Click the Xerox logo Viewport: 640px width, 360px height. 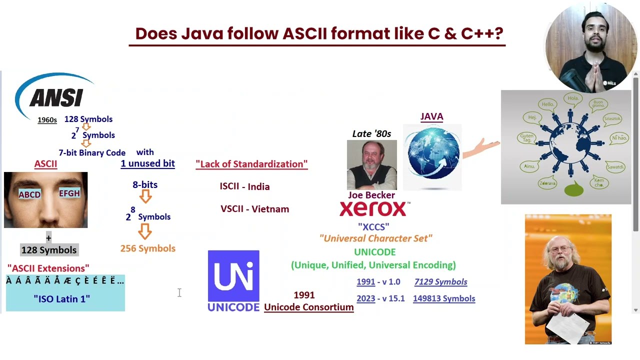tap(374, 209)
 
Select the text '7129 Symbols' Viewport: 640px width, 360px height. tap(440, 282)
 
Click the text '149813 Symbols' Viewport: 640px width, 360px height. tap(444, 298)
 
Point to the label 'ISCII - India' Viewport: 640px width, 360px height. tap(244, 186)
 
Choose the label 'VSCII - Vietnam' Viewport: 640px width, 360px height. tap(254, 209)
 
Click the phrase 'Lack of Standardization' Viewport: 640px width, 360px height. tap(251, 164)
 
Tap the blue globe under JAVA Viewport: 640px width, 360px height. tap(433, 153)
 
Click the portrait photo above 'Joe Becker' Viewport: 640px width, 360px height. tap(371, 164)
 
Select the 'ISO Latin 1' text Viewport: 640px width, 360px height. tap(62, 299)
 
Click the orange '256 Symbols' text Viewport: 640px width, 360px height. tap(147, 248)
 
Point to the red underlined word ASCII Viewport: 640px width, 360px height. tap(45, 164)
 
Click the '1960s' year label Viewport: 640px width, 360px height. tap(47, 120)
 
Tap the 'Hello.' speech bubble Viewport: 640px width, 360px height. tap(548, 104)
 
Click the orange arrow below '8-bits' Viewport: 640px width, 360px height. tap(145, 196)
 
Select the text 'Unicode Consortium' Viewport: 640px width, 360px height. tap(308, 307)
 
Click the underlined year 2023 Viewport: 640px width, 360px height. tap(365, 298)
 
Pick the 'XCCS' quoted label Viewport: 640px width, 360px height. tap(373, 227)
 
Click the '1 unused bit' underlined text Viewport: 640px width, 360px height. tap(147, 163)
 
